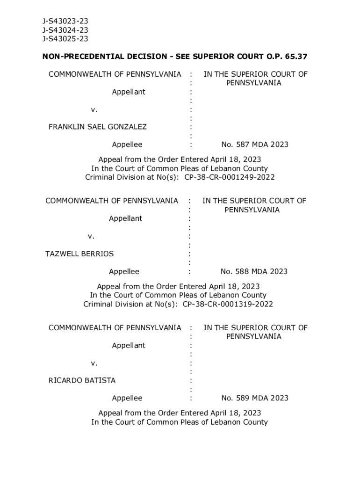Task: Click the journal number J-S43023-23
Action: point(65,21)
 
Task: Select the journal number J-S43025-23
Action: point(65,39)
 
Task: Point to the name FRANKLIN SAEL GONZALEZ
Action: point(98,127)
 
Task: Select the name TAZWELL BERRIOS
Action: point(79,254)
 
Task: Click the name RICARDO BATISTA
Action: point(82,381)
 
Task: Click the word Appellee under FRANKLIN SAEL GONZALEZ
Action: point(127,145)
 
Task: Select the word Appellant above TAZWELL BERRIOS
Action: point(125,218)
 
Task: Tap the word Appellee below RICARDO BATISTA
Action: point(127,399)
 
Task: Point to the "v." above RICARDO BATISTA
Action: point(94,363)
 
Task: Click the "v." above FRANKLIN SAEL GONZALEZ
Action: point(94,109)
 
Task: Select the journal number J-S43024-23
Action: point(65,30)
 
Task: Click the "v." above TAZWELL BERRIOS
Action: point(91,236)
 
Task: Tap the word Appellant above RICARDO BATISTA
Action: point(129,346)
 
